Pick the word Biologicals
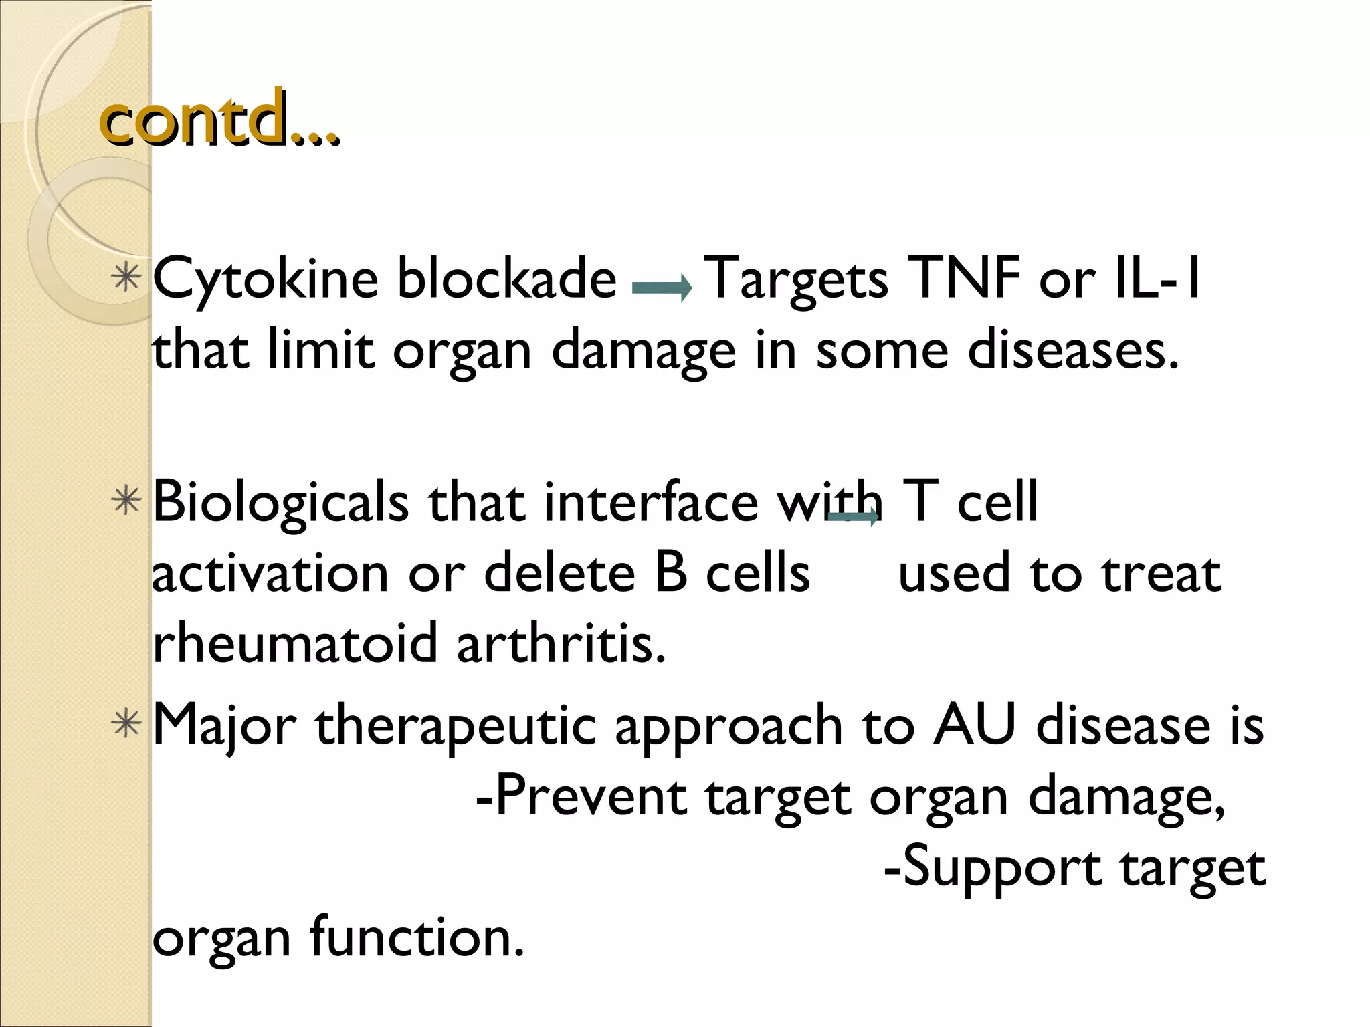280,503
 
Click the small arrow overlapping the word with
853,517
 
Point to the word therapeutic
456,727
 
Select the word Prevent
581,797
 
